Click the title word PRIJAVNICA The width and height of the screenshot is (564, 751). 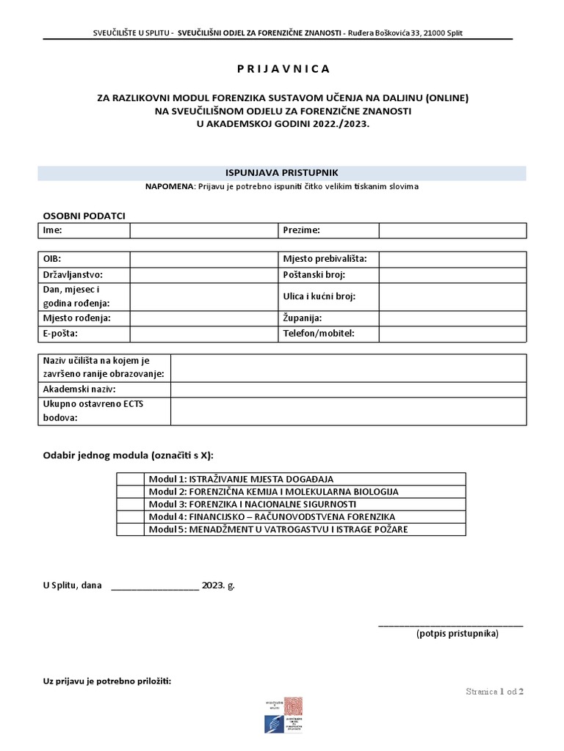tap(283, 69)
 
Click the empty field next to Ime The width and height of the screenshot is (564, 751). tap(203, 230)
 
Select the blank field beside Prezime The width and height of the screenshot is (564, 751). tap(452, 230)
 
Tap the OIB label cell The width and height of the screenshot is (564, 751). tap(84, 260)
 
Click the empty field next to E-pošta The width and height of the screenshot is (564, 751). tap(203, 334)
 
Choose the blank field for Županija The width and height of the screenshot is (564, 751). tap(452, 318)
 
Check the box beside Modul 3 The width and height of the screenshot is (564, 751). tap(130, 505)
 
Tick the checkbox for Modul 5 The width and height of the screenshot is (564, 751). tap(130, 530)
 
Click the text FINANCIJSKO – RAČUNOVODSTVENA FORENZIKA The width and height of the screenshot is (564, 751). tap(292, 517)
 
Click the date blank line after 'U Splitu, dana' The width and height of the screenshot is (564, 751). tap(154, 586)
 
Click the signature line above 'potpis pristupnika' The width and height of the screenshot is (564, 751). tap(450, 625)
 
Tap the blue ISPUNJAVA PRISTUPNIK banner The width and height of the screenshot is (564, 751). tap(282, 173)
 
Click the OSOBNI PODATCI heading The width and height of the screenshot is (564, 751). tap(84, 216)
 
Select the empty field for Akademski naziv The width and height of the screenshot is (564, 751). tap(348, 389)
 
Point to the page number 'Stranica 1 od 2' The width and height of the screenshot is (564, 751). tap(495, 692)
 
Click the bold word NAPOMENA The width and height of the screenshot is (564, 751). tap(170, 187)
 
